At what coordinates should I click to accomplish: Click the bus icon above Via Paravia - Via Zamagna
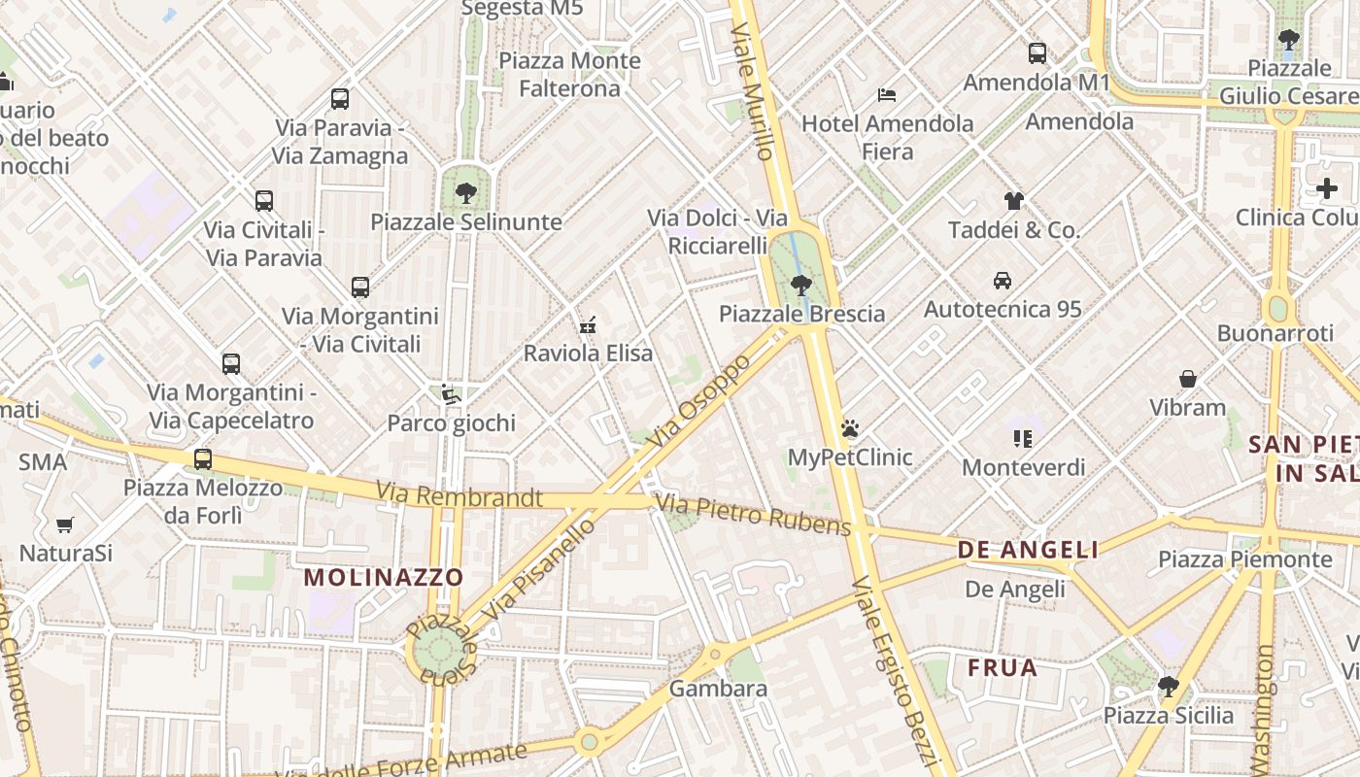tap(339, 98)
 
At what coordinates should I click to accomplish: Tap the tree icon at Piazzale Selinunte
tap(466, 192)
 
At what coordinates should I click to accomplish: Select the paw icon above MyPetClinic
tap(850, 427)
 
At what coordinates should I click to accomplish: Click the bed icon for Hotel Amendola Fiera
tap(886, 94)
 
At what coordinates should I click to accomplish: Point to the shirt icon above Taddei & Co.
tap(1014, 201)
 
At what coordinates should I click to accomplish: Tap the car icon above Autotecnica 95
tap(1002, 281)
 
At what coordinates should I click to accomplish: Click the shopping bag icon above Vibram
tap(1187, 378)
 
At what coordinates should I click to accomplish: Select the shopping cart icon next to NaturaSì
tap(65, 524)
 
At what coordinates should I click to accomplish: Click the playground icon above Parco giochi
tap(451, 394)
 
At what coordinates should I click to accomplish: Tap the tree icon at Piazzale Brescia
tap(801, 285)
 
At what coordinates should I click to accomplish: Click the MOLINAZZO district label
tap(384, 577)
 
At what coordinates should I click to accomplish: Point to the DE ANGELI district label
tap(1028, 550)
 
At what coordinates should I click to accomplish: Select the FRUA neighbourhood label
tap(1003, 668)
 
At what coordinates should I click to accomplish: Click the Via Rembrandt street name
tap(459, 496)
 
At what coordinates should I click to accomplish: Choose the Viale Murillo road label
tap(753, 92)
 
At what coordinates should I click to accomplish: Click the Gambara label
tap(719, 689)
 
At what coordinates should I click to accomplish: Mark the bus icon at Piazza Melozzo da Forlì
tap(202, 458)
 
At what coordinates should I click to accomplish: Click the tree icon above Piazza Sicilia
tap(1168, 687)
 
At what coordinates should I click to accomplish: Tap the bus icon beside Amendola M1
tap(1037, 53)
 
